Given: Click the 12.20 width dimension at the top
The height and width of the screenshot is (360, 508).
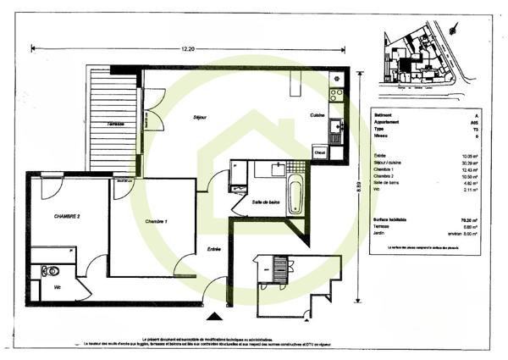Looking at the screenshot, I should pos(187,50).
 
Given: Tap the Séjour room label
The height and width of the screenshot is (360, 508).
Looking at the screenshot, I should pos(200,117).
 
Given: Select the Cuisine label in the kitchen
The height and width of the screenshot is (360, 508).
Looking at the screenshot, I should pos(317,115).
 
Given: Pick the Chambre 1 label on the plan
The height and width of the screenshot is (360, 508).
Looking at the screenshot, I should pos(156,221).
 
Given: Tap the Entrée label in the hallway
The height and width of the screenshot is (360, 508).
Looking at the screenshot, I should pos(214,249).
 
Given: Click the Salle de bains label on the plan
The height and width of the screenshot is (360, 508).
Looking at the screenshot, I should pos(265,202).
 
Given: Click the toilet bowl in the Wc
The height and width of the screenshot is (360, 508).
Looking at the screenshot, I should pos(51,272).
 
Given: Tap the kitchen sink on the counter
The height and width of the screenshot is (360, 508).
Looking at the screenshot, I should pos(336,128).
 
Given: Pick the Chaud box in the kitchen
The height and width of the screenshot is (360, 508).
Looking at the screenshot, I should pos(320,152).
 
